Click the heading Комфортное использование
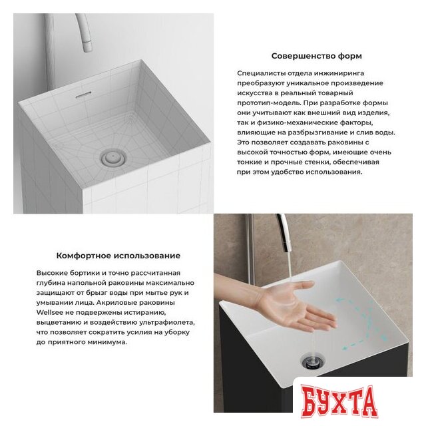tap(118, 256)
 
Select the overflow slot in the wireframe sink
tap(83, 95)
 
